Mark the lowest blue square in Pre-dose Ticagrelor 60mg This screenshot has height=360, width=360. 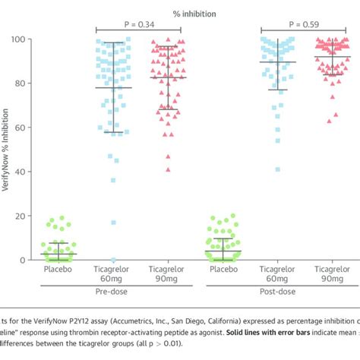click(x=114, y=260)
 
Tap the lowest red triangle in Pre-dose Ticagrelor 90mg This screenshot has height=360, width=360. click(x=168, y=169)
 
